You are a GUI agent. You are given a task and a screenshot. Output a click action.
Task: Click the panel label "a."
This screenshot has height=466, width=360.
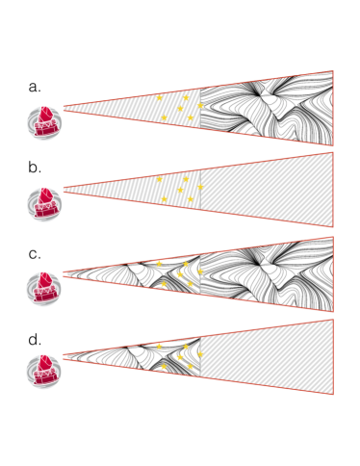(35, 86)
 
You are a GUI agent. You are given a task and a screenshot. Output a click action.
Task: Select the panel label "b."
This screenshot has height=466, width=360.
(35, 168)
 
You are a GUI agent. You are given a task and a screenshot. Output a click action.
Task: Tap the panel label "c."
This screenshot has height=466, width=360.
(35, 254)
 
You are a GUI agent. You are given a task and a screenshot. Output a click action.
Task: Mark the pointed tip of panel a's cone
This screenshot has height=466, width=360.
(64, 107)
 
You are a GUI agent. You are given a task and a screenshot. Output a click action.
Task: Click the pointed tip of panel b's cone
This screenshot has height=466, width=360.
(64, 190)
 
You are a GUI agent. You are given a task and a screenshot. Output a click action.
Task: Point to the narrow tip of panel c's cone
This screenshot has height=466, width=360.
(64, 272)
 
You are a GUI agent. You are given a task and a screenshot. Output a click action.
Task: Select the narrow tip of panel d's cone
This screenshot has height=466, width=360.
(64, 355)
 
